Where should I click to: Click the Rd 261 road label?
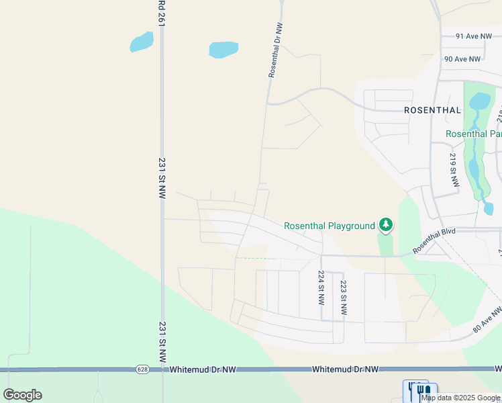coord(162,13)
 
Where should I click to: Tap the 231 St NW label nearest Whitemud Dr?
coord(162,342)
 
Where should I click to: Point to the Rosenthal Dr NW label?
coord(276,50)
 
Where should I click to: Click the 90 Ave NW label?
coord(462,59)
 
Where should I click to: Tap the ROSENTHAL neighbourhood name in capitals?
coord(432,110)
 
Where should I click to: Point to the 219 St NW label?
coord(453,169)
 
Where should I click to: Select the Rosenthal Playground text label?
coord(330,226)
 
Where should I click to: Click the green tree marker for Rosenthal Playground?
coord(385,224)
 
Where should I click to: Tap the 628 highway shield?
coord(142,369)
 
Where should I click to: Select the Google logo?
coord(22,395)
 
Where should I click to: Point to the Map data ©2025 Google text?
coord(461,398)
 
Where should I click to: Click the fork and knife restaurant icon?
coord(421,390)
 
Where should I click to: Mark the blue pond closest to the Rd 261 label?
coord(142,42)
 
